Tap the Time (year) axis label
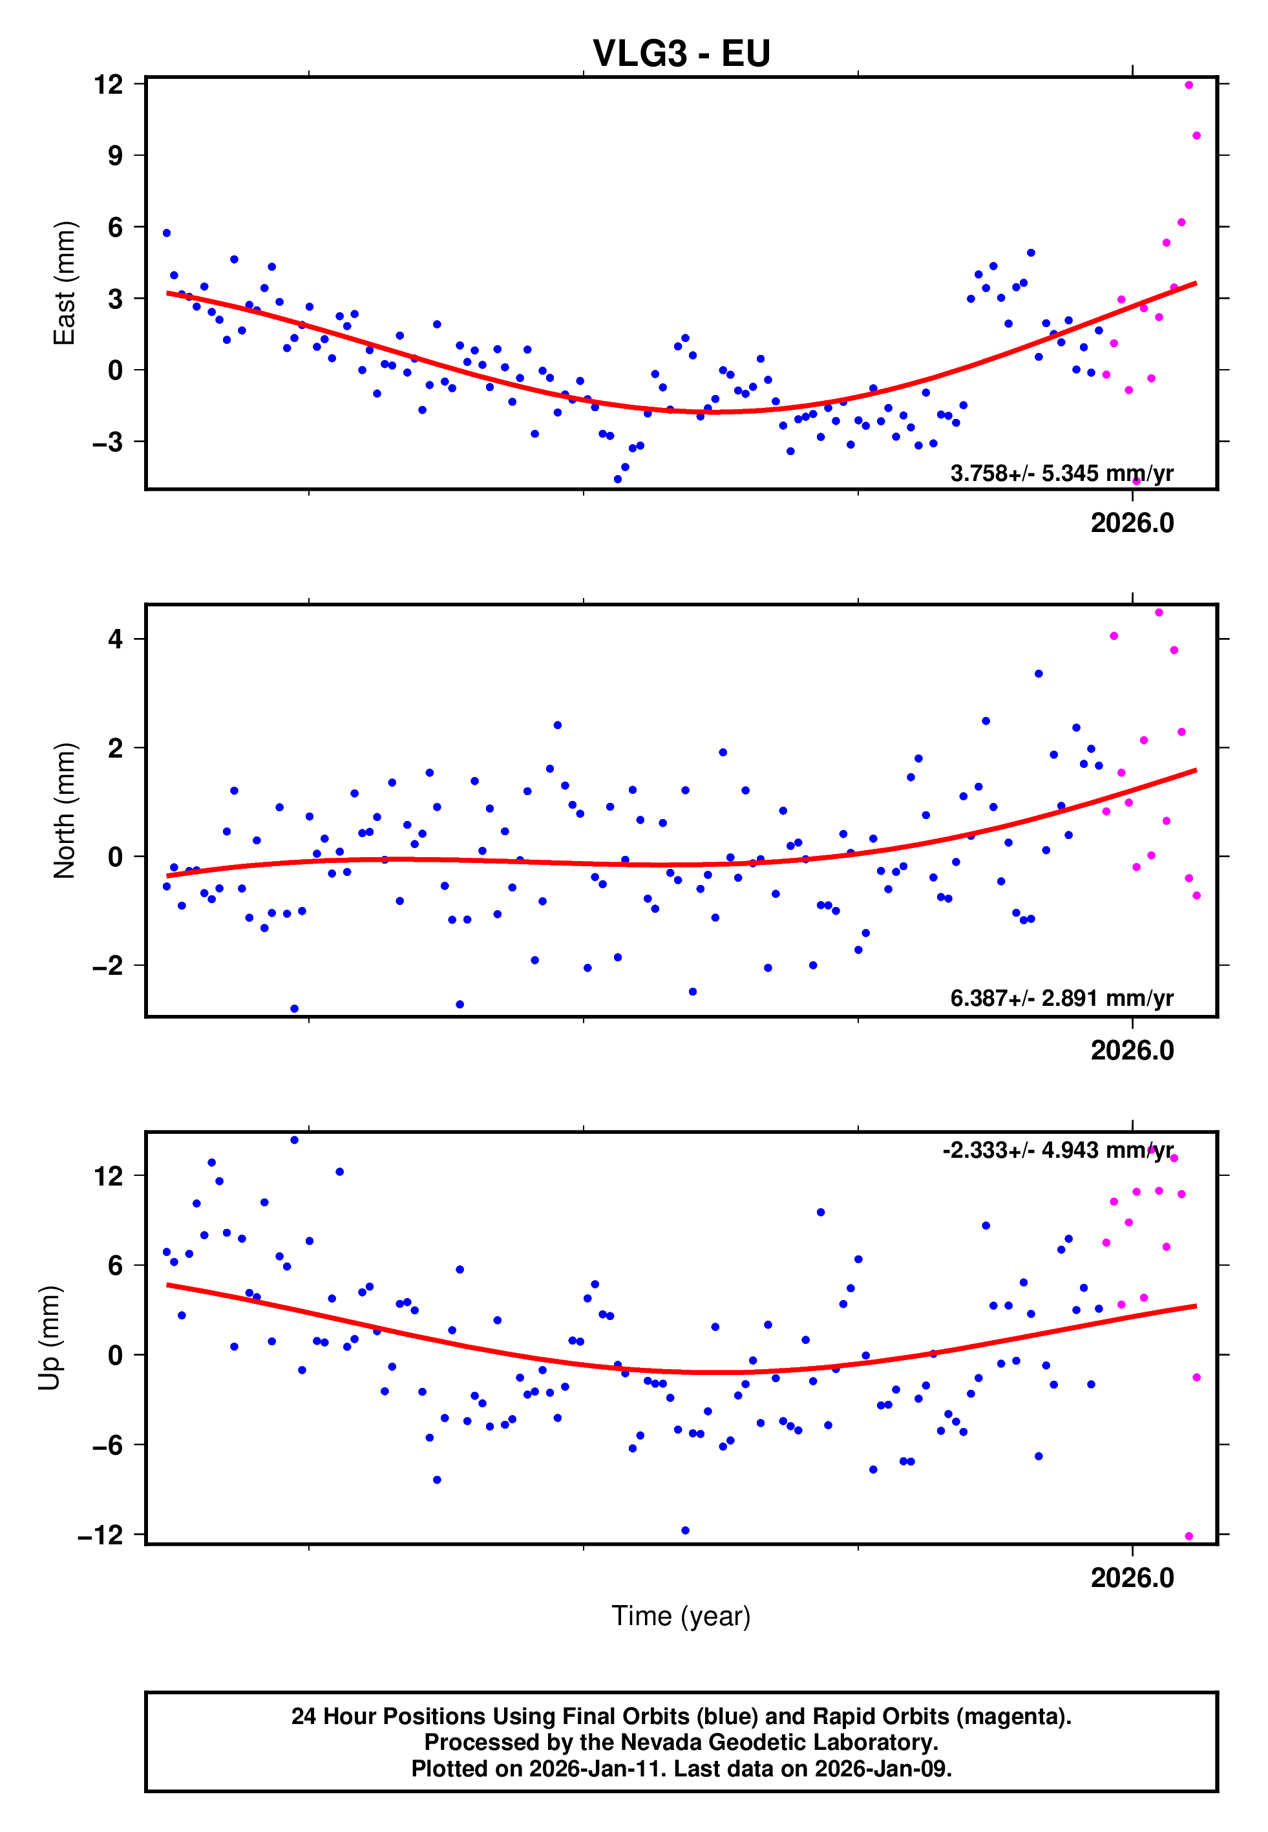[681, 1616]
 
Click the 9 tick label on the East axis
[115, 155]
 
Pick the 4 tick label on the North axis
[116, 639]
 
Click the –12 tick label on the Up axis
[100, 1535]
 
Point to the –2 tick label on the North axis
[107, 965]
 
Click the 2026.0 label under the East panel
[1132, 523]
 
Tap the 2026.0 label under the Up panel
[1132, 1577]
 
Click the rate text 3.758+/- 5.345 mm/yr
[1061, 473]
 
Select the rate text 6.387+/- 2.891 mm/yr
[1061, 998]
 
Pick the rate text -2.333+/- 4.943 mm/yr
[1057, 1151]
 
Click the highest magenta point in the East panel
[1189, 85]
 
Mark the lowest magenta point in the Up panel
[1189, 1537]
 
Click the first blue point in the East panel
[167, 233]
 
